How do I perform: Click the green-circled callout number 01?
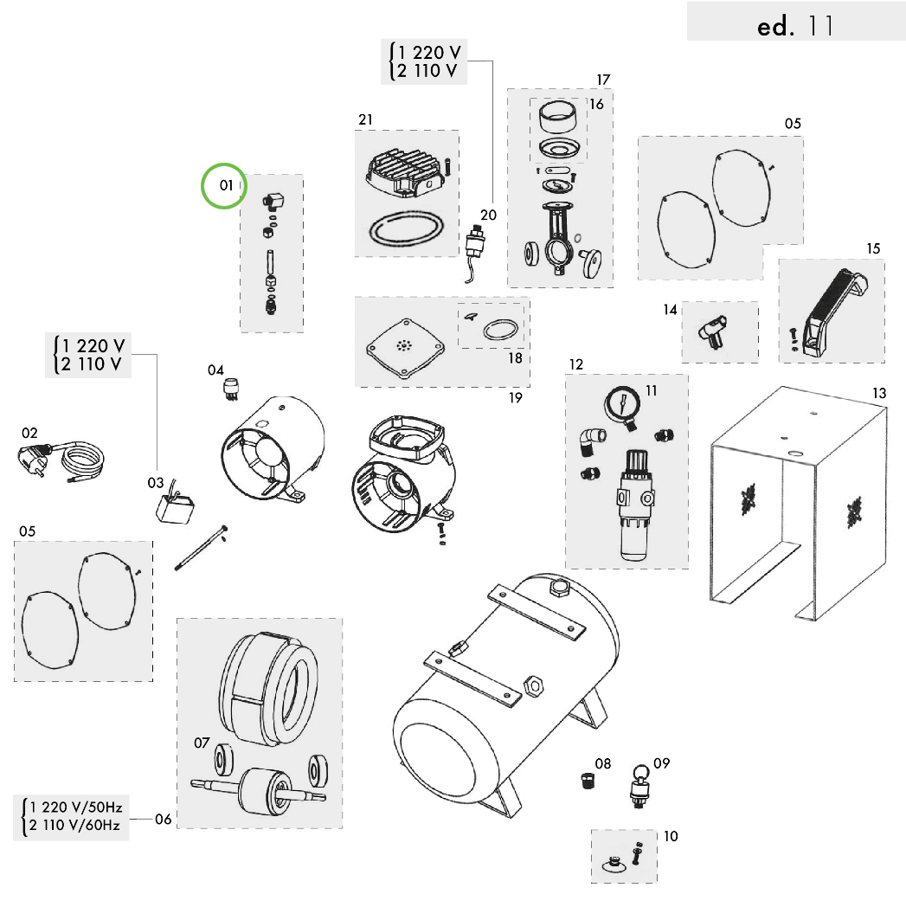click(x=225, y=185)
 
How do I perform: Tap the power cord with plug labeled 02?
click(x=52, y=459)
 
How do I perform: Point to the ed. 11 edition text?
click(x=794, y=26)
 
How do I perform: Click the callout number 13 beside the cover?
click(x=879, y=394)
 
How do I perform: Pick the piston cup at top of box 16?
click(x=557, y=114)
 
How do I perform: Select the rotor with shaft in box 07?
click(x=260, y=788)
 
